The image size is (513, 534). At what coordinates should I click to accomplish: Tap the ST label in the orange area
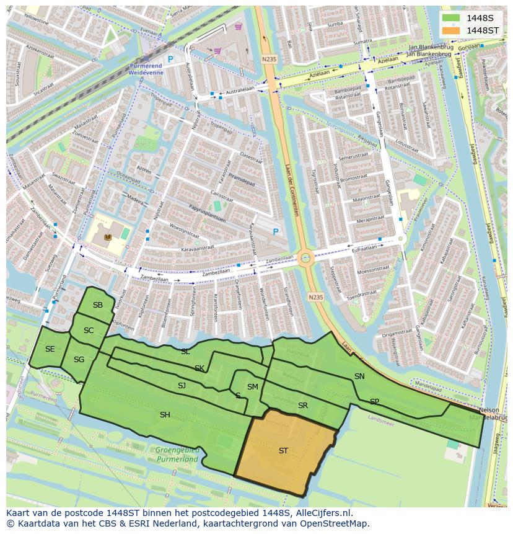283,451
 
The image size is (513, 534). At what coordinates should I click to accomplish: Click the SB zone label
98,305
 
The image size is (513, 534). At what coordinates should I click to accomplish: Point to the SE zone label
50,349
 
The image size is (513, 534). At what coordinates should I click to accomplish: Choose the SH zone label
165,414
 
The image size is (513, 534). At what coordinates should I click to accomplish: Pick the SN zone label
359,376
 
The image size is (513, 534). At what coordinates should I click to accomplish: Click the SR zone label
303,406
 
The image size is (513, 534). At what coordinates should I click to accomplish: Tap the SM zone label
252,386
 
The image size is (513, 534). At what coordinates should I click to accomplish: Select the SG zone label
79,359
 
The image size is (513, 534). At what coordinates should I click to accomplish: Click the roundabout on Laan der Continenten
305,257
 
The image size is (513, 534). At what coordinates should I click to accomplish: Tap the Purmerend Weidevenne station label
146,69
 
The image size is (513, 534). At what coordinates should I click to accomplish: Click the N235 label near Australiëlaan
268,60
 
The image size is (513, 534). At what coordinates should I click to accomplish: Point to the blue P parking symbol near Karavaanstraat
276,232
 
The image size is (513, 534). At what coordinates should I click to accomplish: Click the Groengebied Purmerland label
177,455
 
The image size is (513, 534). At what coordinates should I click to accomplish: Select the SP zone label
374,401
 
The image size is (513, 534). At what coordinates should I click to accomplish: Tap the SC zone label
89,330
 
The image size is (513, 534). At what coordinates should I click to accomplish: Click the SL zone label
185,351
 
